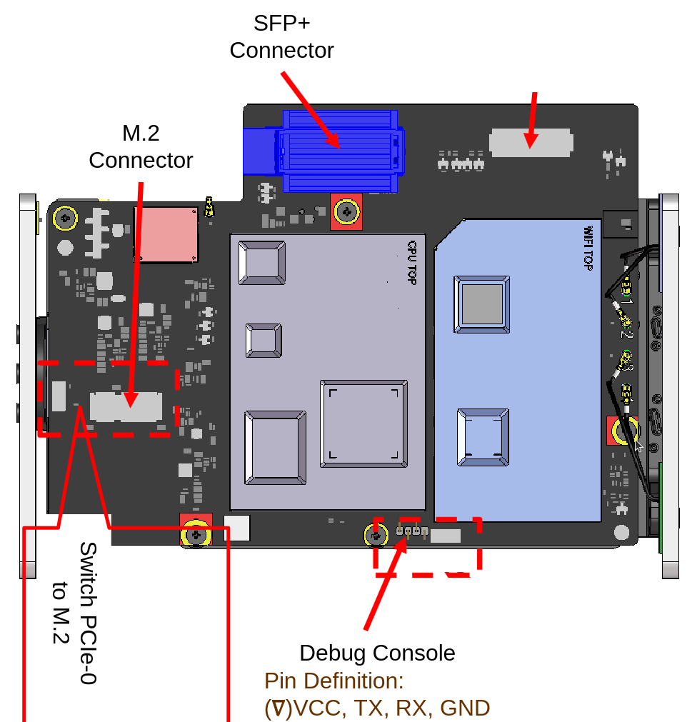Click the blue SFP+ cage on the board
coord(340,151)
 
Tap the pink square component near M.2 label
coord(166,235)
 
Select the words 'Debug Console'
coord(377,653)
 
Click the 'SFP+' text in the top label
coord(282,24)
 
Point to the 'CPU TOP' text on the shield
coord(412,263)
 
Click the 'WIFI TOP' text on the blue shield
coord(588,248)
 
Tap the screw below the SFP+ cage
coord(346,212)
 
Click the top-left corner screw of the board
coord(65,219)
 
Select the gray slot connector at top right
coord(531,143)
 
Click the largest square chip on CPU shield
coord(363,423)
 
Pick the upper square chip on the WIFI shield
coord(481,304)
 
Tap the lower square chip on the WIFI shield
coord(483,437)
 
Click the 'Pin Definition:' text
coord(334,681)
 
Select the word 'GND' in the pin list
coord(465,708)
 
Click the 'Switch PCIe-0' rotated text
coord(88,613)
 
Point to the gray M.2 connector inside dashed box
coord(126,406)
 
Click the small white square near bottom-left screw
coord(236,528)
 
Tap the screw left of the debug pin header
coord(376,536)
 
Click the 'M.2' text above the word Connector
coord(141,134)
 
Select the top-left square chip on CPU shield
coord(262,263)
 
